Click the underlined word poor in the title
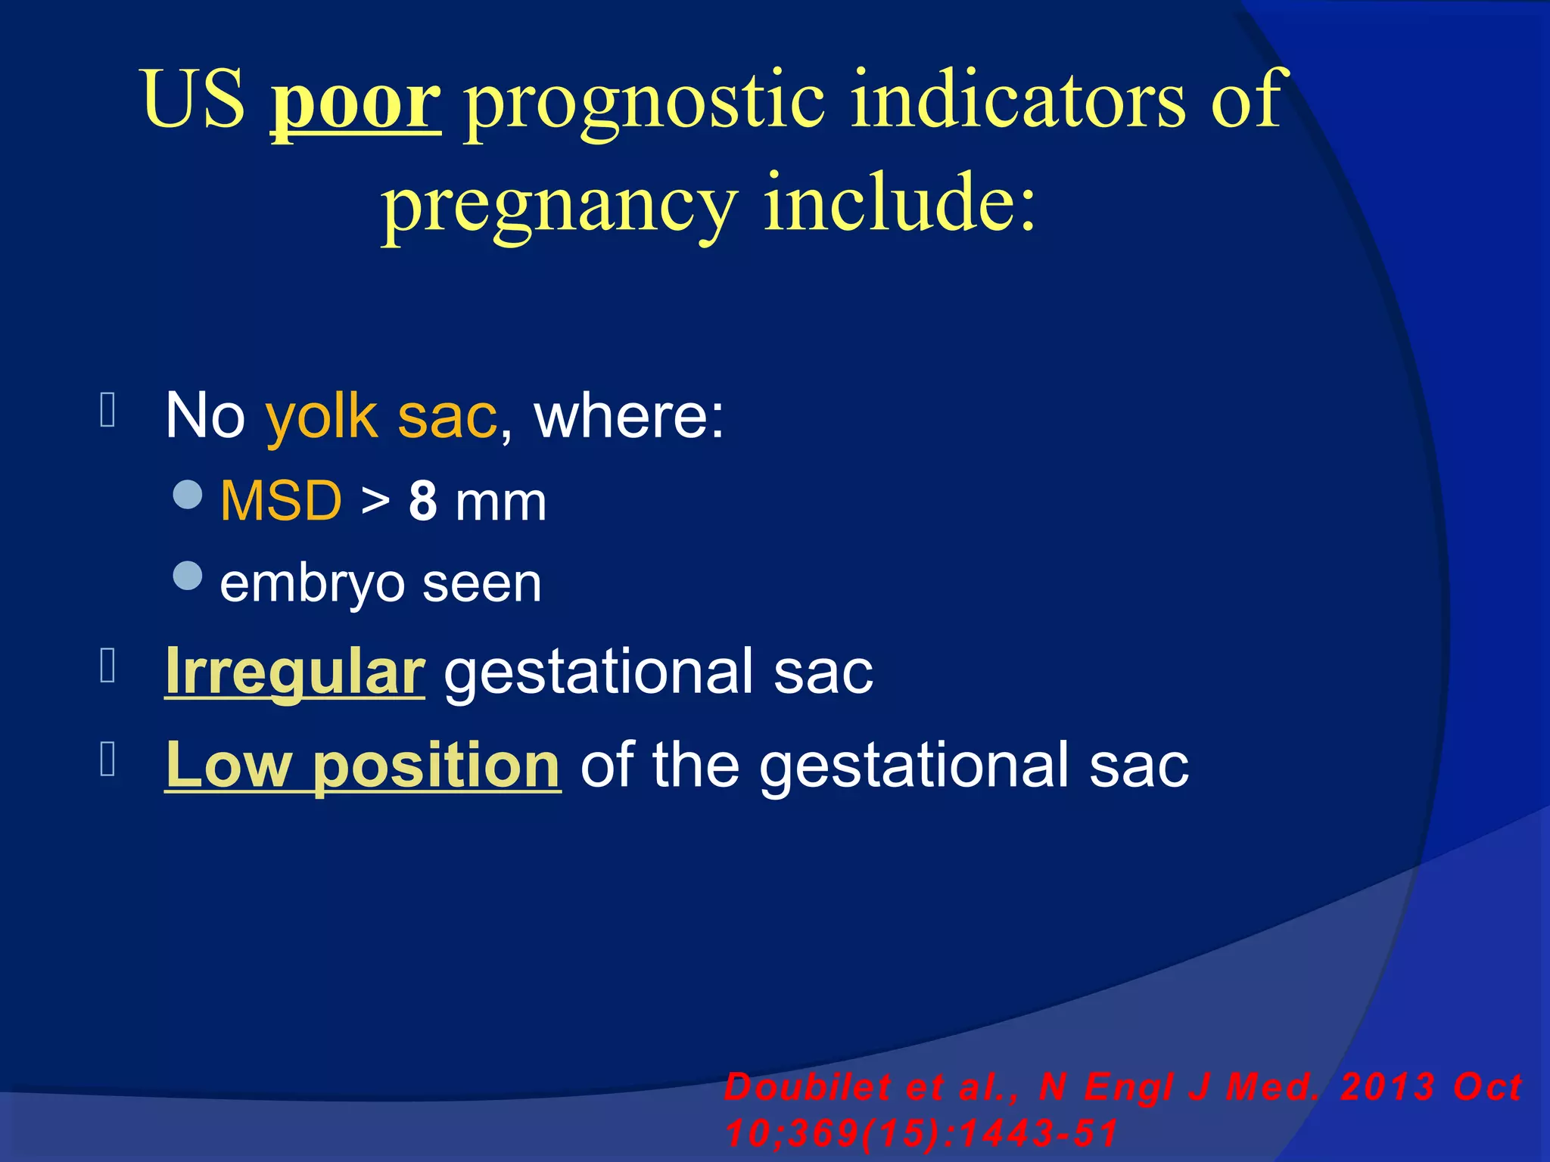pos(356,102)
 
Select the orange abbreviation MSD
pos(281,502)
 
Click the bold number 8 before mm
pos(423,502)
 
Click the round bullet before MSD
pos(188,495)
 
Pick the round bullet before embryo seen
pos(188,576)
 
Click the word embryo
pos(313,585)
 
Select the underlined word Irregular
pos(294,672)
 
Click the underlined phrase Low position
pos(363,766)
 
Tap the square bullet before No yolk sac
pos(107,411)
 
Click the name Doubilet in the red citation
pos(807,1088)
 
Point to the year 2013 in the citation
pos(1387,1088)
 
